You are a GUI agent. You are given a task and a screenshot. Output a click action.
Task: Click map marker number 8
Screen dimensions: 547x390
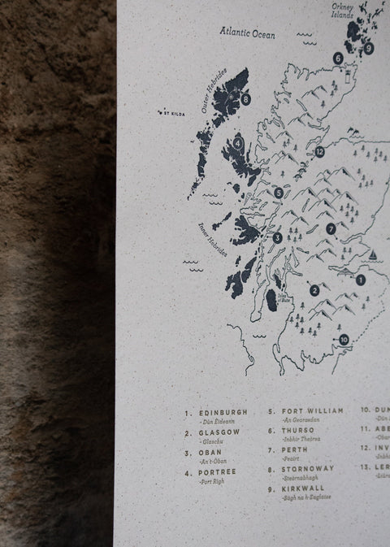tap(245, 99)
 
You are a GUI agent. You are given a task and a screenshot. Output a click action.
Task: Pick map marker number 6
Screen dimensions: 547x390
tap(337, 58)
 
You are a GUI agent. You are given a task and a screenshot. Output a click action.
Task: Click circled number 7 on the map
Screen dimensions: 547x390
tap(331, 229)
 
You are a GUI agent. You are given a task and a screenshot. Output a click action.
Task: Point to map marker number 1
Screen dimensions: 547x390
tap(361, 280)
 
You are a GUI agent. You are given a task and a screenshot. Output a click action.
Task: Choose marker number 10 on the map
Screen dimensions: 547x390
tap(344, 339)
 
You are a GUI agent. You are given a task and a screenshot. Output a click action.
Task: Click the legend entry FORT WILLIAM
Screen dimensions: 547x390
tap(314, 411)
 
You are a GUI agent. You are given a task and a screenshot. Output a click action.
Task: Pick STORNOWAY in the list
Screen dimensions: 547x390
tap(308, 469)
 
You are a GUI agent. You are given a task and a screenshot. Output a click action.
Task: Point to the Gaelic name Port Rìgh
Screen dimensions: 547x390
tap(211, 482)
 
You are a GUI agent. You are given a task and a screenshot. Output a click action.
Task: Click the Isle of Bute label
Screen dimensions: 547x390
tap(285, 297)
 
